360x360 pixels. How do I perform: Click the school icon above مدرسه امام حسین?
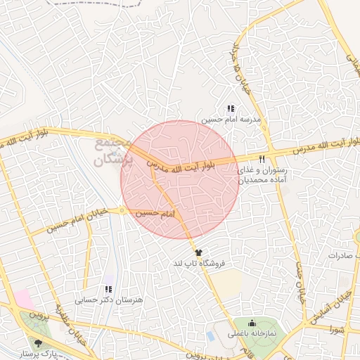coord(231,108)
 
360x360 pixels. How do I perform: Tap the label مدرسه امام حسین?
coord(232,120)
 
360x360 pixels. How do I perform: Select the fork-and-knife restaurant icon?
coord(262,159)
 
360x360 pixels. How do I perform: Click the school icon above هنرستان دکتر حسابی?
coord(108,288)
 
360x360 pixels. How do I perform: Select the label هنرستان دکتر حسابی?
coord(109,300)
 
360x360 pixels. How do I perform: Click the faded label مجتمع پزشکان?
coord(112,152)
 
